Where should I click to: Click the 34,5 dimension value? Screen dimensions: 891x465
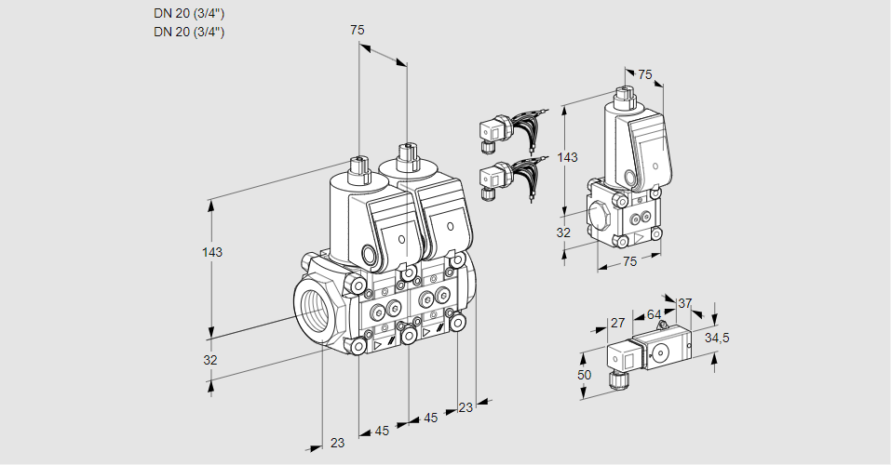click(x=717, y=339)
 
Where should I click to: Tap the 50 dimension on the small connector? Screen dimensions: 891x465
click(x=584, y=375)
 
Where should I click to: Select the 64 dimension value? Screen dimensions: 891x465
click(x=654, y=314)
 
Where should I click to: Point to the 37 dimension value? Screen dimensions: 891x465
click(x=684, y=303)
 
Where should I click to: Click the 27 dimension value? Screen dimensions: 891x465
click(x=617, y=323)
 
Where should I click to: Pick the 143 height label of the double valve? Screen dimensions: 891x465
click(x=212, y=252)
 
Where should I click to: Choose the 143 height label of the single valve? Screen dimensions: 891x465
click(x=567, y=157)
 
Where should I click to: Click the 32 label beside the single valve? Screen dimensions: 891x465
click(x=563, y=232)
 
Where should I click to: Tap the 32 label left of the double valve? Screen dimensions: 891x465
click(x=210, y=360)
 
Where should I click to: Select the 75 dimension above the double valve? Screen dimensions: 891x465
click(x=357, y=30)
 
